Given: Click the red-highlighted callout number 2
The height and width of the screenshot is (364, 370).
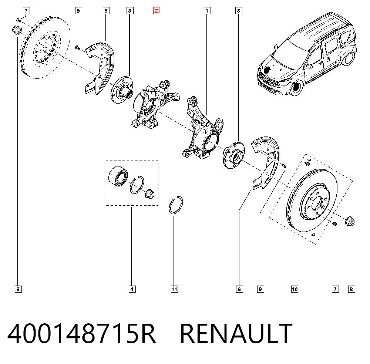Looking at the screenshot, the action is click(x=156, y=10).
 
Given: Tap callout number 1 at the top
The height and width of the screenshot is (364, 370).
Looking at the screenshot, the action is click(x=207, y=11).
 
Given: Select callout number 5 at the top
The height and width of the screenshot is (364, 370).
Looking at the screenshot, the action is click(x=106, y=11).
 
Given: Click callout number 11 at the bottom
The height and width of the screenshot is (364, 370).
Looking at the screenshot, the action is click(x=174, y=289).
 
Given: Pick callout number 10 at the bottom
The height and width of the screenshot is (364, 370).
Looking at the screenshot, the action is click(x=295, y=289).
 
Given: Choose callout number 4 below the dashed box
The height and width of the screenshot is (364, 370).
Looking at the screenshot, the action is click(x=132, y=289).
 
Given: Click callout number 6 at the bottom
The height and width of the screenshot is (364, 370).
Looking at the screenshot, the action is click(x=239, y=289).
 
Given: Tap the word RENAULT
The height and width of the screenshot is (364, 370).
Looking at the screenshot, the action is click(x=236, y=333).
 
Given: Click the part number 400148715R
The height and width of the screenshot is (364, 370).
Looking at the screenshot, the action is click(x=82, y=333).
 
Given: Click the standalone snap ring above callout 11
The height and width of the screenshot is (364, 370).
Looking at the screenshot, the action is click(x=176, y=205).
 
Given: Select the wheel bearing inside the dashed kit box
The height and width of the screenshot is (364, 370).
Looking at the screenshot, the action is click(x=118, y=176).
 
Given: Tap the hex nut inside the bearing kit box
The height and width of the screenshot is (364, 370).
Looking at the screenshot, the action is click(x=149, y=193).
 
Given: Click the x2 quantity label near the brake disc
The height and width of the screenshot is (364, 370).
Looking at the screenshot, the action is click(x=313, y=235).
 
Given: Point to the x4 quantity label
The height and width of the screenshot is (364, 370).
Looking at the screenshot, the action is click(x=309, y=160).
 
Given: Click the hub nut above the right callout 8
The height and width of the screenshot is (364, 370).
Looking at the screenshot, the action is click(x=350, y=221).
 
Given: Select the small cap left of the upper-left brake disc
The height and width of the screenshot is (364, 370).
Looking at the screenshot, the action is click(x=17, y=30).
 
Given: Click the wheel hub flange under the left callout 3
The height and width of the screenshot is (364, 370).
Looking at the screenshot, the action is click(x=122, y=90).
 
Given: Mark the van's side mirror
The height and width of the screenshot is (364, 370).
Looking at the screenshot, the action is click(x=307, y=66).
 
